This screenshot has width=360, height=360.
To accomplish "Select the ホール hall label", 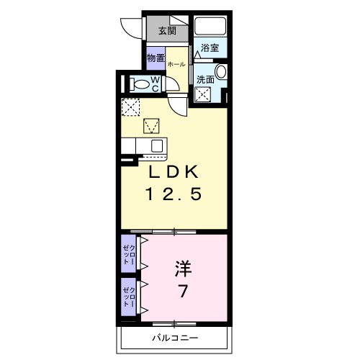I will click(x=176, y=64).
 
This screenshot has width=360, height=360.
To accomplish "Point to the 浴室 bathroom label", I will click(x=210, y=48).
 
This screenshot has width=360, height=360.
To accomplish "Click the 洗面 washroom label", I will click(x=205, y=80).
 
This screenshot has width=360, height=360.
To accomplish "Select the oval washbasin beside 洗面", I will click(x=221, y=71).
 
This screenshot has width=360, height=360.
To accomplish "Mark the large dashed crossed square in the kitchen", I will click(x=132, y=107).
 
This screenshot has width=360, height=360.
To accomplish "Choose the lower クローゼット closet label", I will click(x=127, y=296).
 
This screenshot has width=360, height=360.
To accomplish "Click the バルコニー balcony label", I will click(x=175, y=338).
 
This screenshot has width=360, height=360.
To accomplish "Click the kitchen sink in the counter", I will click(x=154, y=145).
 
